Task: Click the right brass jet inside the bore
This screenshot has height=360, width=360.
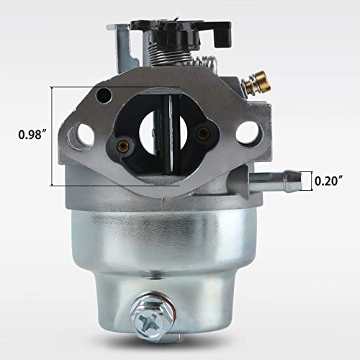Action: (x=204, y=132)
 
